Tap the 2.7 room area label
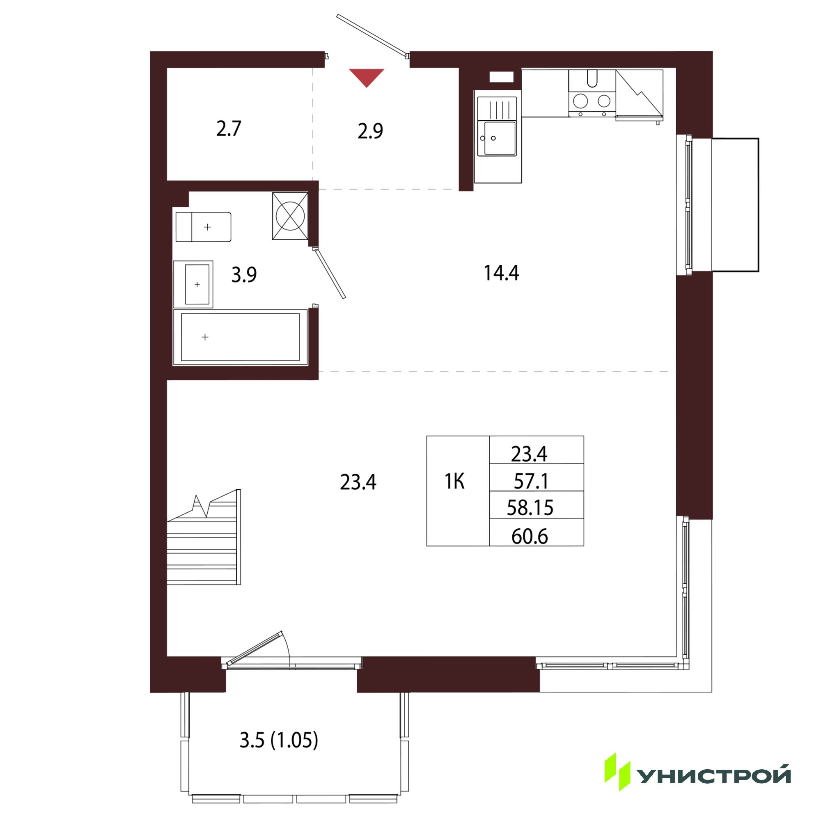pos(229,129)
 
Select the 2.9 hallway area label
pos(370,131)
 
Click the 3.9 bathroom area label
pos(244,275)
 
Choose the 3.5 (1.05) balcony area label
pos(279,740)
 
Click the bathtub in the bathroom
pos(240,337)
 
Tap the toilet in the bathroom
pos(203,227)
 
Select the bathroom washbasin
pos(193,284)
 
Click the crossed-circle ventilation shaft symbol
pos(290,216)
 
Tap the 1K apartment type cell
pos(454,482)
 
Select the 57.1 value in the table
pos(531,481)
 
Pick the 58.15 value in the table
pos(530,508)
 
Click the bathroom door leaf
pos(329,273)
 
